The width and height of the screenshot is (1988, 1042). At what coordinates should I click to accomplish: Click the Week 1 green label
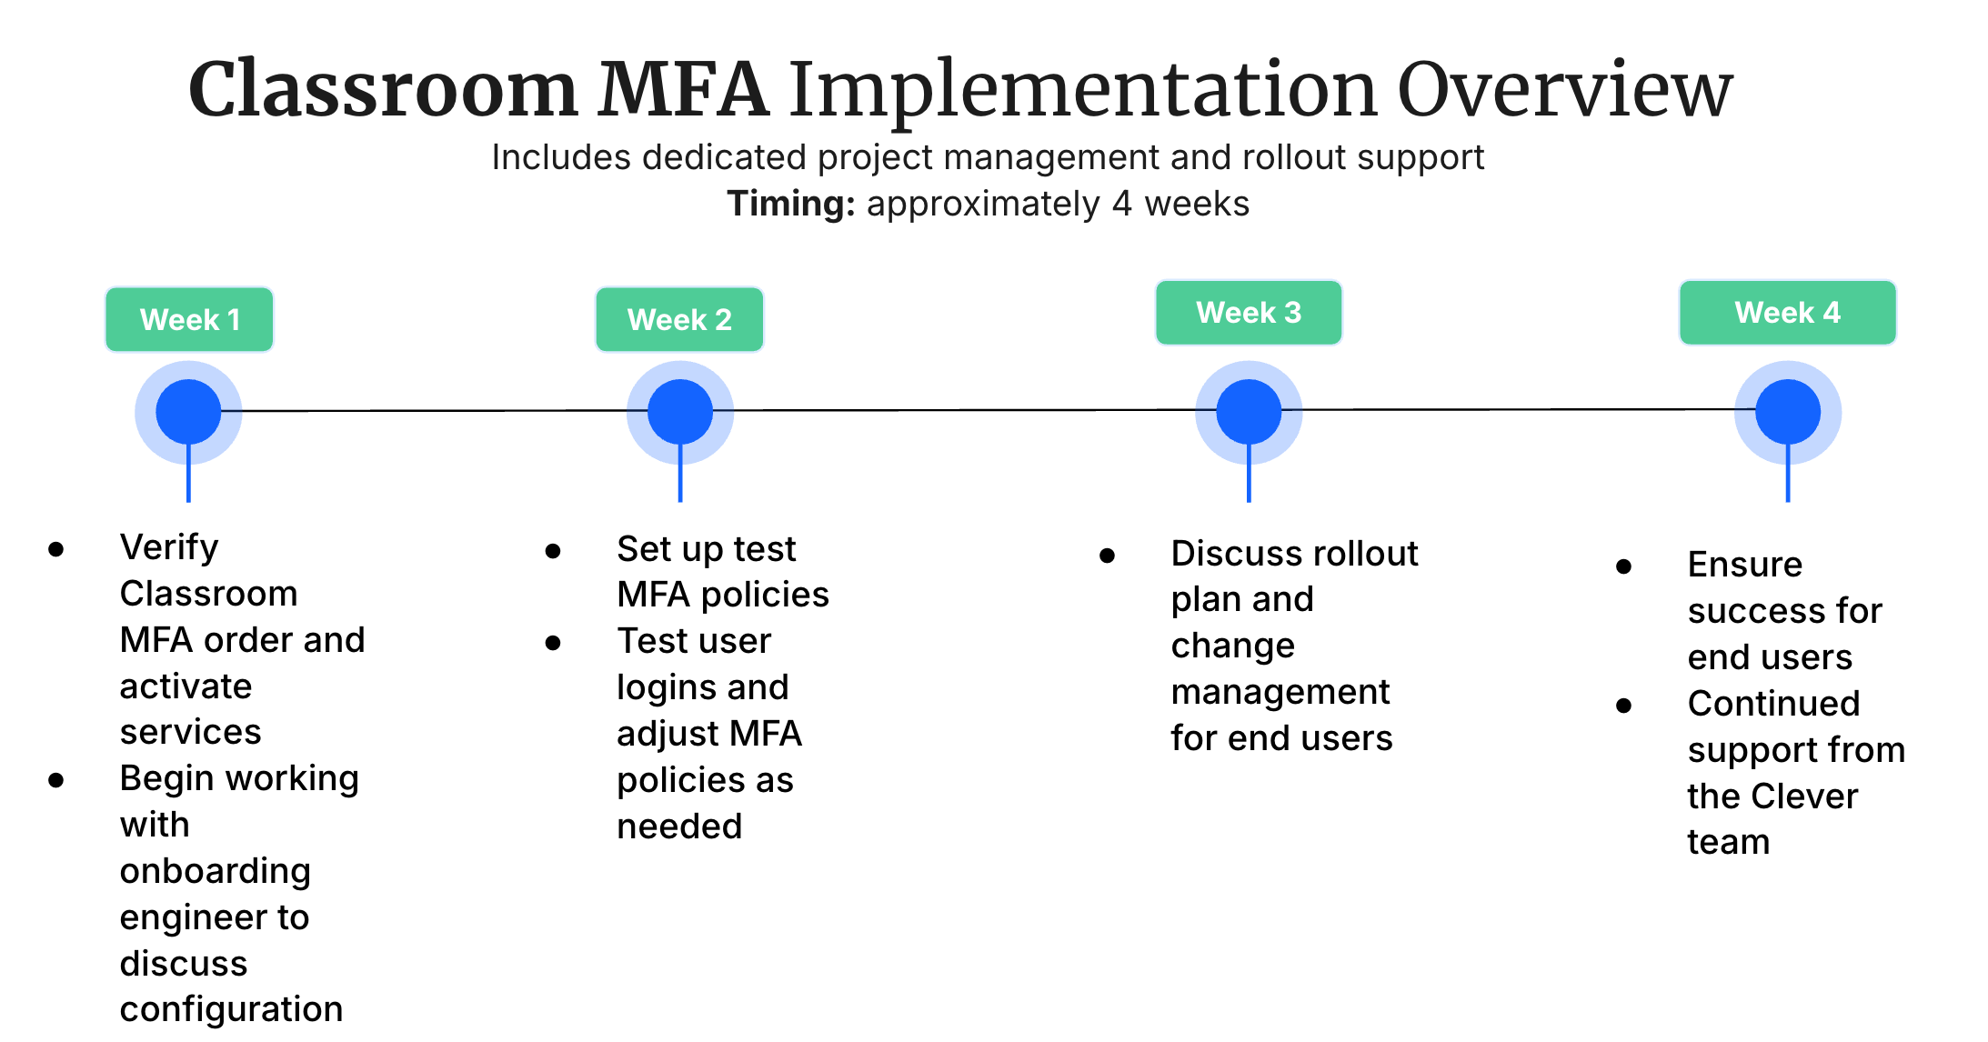(189, 319)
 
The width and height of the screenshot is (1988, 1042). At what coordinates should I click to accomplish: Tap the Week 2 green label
(679, 319)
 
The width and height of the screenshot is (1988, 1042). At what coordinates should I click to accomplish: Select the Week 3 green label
(1249, 312)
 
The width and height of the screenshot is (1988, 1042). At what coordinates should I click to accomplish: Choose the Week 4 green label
(1787, 312)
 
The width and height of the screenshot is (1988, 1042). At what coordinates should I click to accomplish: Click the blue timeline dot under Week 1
(188, 412)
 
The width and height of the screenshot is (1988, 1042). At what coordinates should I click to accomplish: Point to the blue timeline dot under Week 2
(680, 412)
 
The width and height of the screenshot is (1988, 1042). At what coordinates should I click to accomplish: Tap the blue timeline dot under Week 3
(1249, 412)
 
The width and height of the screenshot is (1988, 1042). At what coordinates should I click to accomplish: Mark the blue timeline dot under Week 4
(1788, 412)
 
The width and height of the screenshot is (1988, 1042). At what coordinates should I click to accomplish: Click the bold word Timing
(790, 204)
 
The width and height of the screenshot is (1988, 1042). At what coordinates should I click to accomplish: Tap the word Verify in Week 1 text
(169, 547)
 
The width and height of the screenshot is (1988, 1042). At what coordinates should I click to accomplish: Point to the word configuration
(231, 1009)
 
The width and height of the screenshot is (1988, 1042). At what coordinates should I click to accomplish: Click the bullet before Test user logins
(553, 643)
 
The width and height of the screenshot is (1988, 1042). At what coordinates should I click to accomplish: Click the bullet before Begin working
(56, 780)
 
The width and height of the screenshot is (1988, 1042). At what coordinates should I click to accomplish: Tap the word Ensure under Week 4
(1744, 565)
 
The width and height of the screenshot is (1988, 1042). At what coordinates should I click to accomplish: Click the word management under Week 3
(1280, 692)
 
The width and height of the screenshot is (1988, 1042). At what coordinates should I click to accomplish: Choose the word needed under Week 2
(679, 827)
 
